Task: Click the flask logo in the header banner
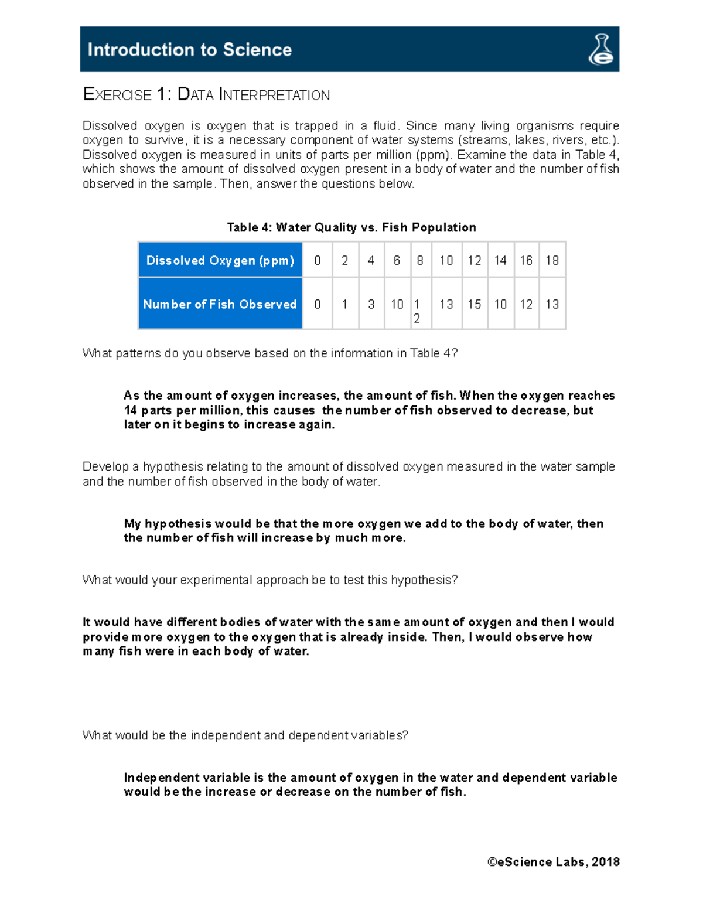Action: coord(600,49)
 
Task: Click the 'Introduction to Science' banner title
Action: coord(189,50)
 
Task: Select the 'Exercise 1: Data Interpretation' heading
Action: coord(206,95)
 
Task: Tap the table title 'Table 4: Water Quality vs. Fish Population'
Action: coord(351,227)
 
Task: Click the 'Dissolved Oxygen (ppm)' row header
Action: coord(220,260)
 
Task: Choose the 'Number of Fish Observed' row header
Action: coord(220,304)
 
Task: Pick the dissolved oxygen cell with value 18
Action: coord(552,260)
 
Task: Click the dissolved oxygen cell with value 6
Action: coord(397,260)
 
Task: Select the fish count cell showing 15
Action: coord(474,304)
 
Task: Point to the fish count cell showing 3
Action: coord(371,304)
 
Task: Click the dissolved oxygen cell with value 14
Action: coord(500,260)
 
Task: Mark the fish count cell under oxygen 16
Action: coord(526,304)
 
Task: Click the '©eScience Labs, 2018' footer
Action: coord(553,862)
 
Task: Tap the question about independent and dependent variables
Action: coord(245,735)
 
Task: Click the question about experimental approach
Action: coord(269,580)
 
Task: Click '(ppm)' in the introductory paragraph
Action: coord(434,155)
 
